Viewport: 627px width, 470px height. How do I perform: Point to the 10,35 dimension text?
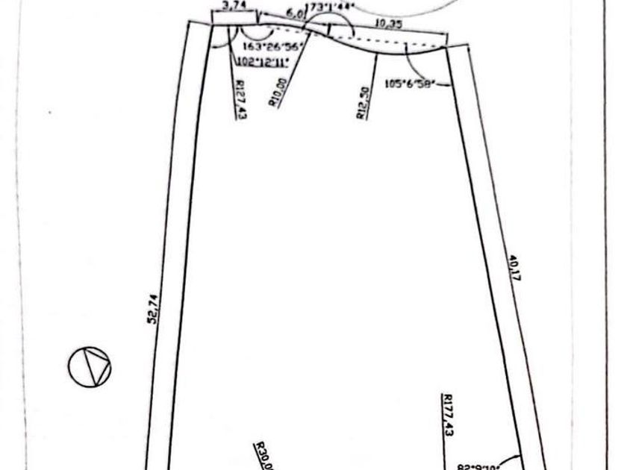[389, 24]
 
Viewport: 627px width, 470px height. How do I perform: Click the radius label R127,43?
[240, 100]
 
